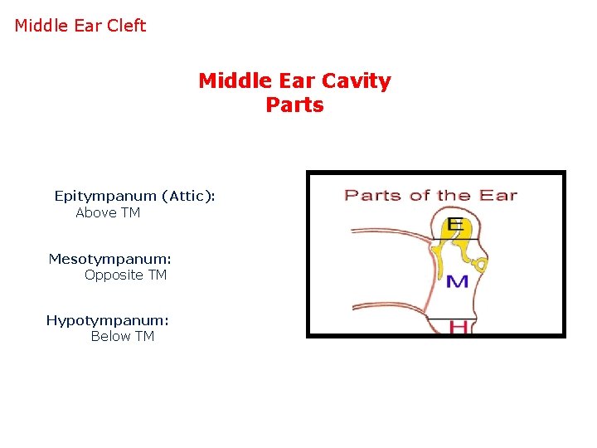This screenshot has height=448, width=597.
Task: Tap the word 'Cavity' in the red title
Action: [x=358, y=81]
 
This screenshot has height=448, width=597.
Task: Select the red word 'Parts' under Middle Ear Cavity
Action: [x=294, y=105]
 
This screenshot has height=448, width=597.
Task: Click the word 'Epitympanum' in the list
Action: [x=105, y=196]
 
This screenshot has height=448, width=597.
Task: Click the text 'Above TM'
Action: [x=108, y=213]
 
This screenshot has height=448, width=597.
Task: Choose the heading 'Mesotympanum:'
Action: [x=109, y=259]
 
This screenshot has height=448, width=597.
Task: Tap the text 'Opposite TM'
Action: [x=125, y=275]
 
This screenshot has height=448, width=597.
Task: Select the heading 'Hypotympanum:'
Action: [x=107, y=320]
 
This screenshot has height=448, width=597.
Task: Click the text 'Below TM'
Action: [x=122, y=336]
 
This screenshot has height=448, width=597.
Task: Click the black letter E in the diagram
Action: [x=454, y=225]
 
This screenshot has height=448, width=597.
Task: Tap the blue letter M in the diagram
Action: [x=457, y=282]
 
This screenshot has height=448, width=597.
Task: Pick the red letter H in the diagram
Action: [x=458, y=327]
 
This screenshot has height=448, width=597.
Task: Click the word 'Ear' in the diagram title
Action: [x=498, y=196]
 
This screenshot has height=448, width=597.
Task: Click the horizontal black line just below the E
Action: [x=452, y=238]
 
